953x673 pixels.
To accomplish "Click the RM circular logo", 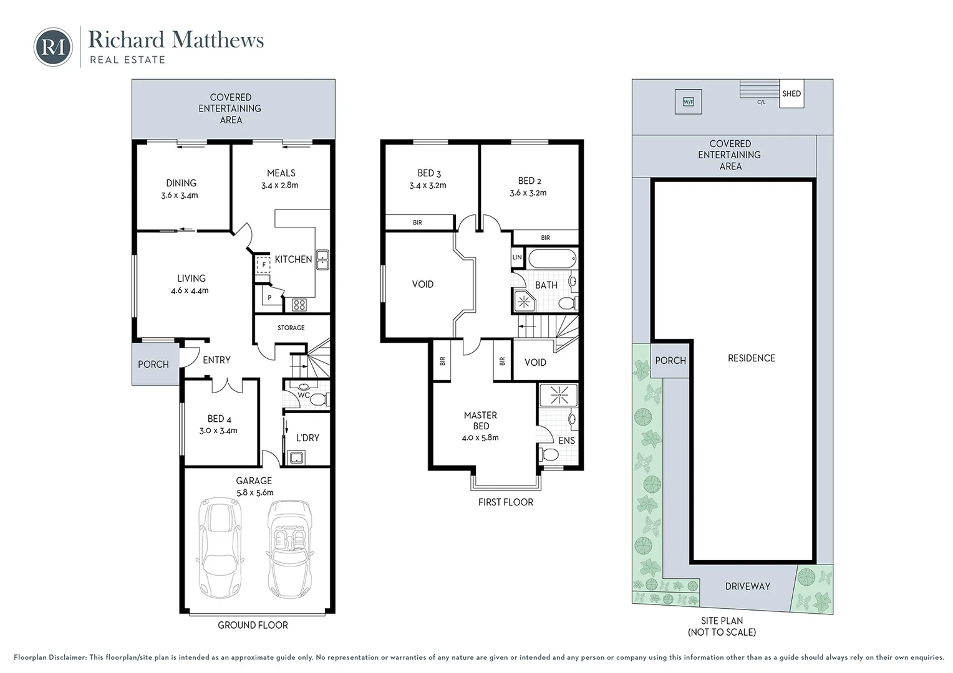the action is [53, 47].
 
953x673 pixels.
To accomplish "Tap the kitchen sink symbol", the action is [322, 260].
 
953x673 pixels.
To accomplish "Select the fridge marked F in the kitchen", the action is [263, 264].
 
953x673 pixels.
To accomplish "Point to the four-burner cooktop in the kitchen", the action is [299, 304].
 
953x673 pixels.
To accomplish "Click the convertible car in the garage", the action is [290, 549].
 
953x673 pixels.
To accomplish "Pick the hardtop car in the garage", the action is [220, 548].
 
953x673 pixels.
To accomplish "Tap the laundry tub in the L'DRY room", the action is [296, 458].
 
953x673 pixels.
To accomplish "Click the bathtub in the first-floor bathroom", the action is [552, 258].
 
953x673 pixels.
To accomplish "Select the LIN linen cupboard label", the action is [517, 257].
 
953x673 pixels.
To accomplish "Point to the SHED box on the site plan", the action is [791, 93].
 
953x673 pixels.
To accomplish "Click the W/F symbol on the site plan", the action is [689, 102].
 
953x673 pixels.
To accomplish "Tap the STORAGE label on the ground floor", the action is [291, 328].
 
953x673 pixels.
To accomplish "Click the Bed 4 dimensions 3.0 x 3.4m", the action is [218, 431].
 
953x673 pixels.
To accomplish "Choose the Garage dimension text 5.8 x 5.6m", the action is [255, 493].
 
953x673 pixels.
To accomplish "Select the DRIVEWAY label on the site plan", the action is [748, 586].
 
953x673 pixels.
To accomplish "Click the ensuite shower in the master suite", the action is [559, 395].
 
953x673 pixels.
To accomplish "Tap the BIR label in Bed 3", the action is [417, 222].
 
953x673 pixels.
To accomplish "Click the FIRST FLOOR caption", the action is [505, 502].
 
